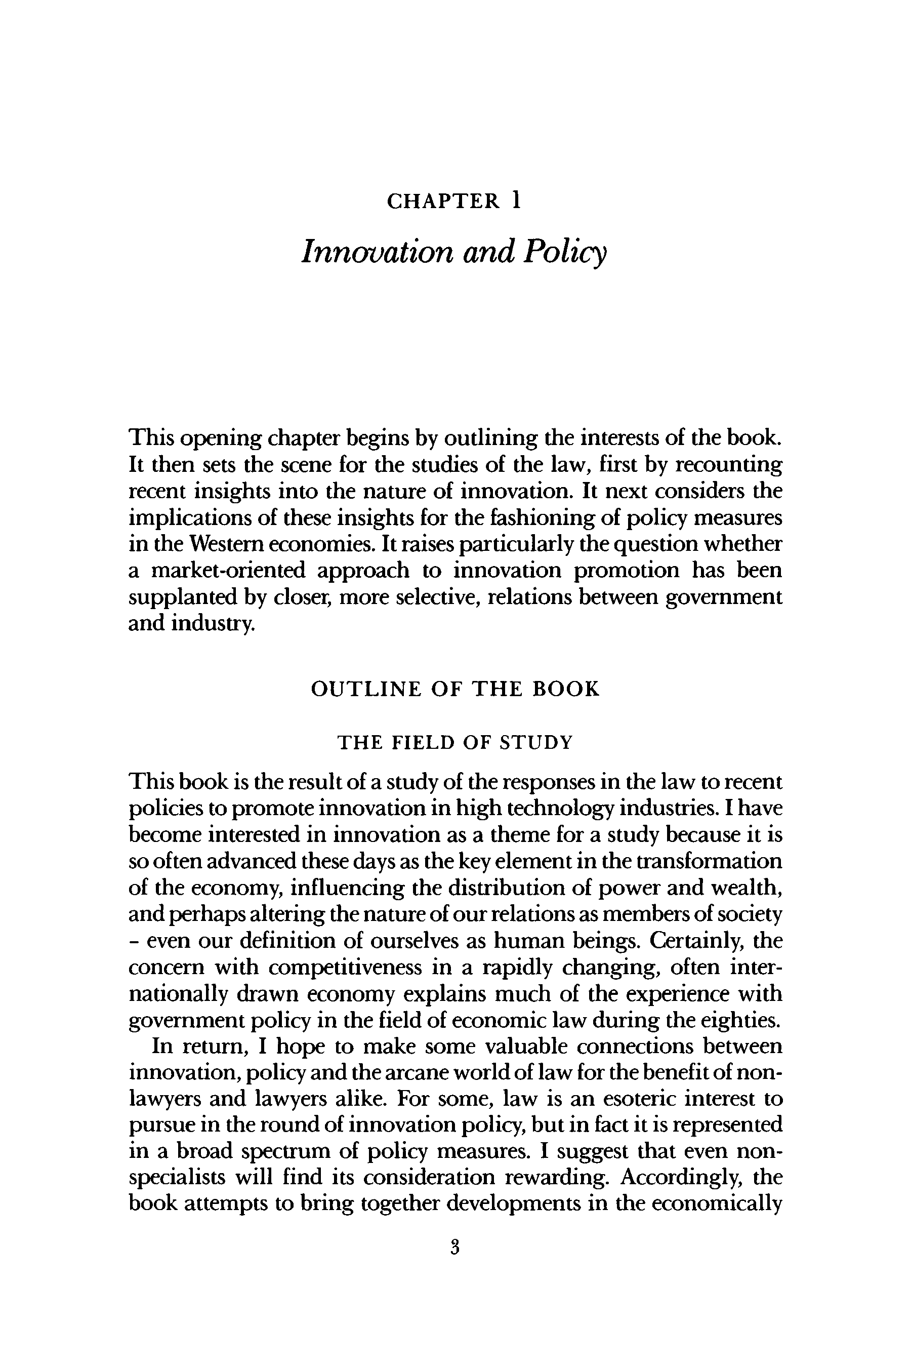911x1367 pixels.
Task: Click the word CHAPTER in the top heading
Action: pos(443,201)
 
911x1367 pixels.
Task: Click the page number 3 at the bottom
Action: pos(455,1245)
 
